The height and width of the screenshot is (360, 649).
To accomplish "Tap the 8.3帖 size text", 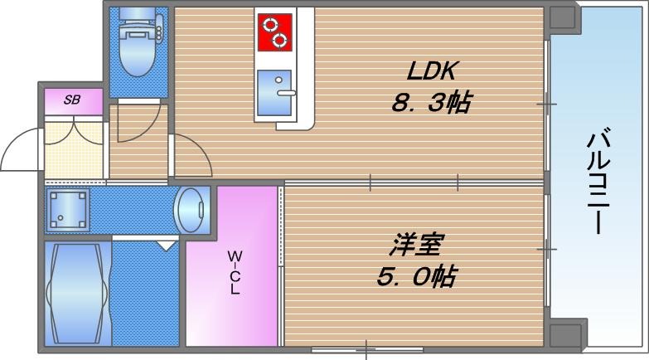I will tap(431, 104).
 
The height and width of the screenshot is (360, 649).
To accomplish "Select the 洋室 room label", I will tap(417, 245).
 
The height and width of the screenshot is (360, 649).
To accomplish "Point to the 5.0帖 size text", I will tap(416, 277).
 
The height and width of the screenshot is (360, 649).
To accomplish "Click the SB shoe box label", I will tap(73, 100).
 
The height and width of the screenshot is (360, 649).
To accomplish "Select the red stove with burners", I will tap(274, 32).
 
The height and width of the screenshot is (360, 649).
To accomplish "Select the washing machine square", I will tap(67, 209).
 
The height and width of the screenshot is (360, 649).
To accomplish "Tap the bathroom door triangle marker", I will tap(167, 245).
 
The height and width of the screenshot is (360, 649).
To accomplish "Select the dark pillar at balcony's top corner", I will tap(563, 17).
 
